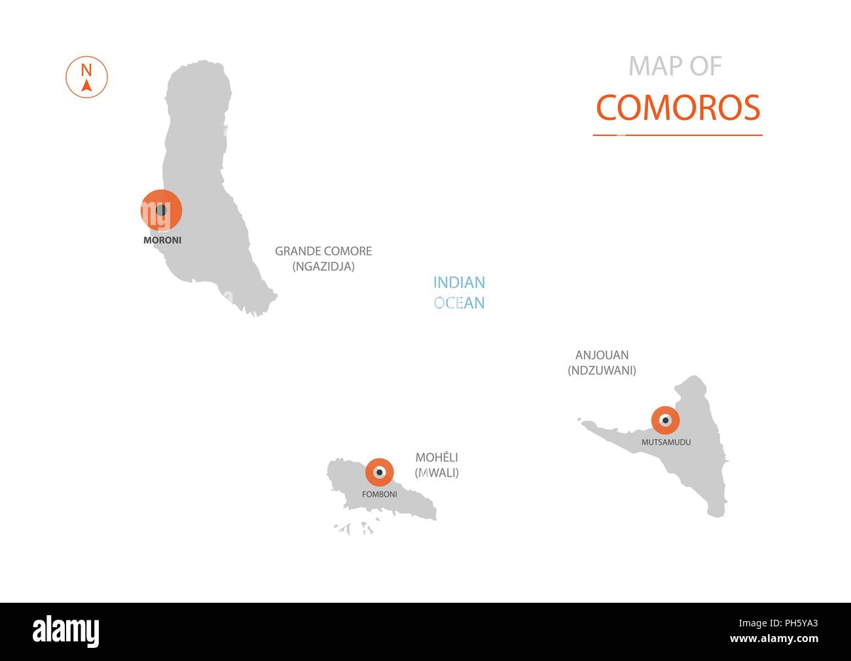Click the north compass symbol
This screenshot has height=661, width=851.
click(86, 78)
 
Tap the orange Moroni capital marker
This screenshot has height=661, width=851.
click(161, 210)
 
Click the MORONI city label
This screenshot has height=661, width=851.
click(162, 240)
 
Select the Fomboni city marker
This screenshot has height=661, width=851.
click(379, 472)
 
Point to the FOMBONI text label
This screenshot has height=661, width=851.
click(379, 495)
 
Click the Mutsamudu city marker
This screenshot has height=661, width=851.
click(665, 420)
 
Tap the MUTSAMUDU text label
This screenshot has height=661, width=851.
click(666, 442)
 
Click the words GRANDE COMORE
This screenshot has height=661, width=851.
click(323, 251)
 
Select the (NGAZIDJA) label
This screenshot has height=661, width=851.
click(323, 266)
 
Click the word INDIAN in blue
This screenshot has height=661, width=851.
click(459, 283)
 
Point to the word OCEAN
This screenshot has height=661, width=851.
click(459, 303)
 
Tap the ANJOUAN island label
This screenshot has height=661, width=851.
click(602, 355)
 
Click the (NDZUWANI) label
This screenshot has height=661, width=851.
click(602, 370)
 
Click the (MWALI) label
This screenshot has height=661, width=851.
click(437, 473)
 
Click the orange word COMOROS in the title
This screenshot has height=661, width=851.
click(678, 108)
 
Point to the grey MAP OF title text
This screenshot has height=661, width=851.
click(675, 66)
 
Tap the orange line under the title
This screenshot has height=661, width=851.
click(678, 135)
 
